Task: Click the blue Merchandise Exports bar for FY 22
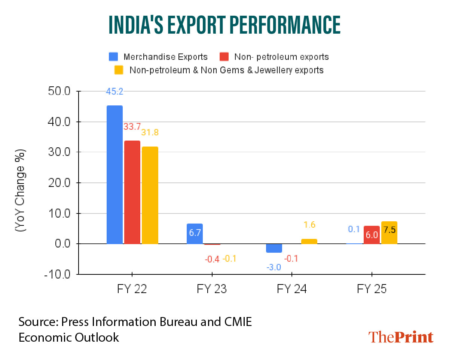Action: [114, 175]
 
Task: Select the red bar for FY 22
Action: [132, 192]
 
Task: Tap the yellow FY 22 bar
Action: [150, 195]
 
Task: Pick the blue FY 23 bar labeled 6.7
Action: [195, 234]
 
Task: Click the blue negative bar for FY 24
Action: [274, 248]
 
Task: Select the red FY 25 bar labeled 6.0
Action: [372, 235]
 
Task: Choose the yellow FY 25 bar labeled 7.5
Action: [389, 233]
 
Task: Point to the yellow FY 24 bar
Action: [309, 241]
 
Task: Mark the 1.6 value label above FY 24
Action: [309, 225]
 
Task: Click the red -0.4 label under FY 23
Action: [212, 258]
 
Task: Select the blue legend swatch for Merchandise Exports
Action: [113, 57]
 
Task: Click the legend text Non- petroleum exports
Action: [281, 57]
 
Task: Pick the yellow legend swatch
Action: [119, 70]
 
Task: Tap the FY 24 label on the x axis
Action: [291, 289]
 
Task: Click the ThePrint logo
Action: [401, 337]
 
